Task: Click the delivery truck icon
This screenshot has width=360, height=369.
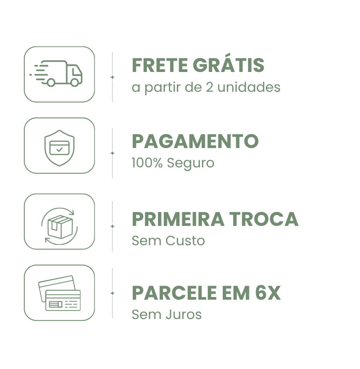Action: [56, 73]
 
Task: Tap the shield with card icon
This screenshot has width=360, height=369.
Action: [59, 148]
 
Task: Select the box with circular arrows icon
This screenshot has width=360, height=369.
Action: [59, 226]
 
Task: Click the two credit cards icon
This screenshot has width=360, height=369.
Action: [59, 293]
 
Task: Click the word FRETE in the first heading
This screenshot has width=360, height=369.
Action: [160, 65]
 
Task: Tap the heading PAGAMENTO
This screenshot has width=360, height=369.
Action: [195, 141]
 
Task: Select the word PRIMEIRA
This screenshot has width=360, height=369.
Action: [178, 219]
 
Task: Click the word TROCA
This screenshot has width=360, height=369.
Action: [264, 219]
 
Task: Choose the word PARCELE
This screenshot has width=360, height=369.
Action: [174, 293]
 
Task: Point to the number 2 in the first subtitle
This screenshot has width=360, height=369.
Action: [209, 87]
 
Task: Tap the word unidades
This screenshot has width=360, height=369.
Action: [249, 87]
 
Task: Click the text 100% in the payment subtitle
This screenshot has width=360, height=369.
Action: [147, 163]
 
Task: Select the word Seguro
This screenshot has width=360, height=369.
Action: [191, 163]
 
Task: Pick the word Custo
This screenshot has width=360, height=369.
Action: [185, 241]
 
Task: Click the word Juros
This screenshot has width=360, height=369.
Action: [184, 315]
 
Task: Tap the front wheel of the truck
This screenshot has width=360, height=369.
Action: [75, 82]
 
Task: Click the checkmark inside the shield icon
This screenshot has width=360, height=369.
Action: [59, 149]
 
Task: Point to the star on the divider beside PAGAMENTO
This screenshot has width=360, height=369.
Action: [112, 153]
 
